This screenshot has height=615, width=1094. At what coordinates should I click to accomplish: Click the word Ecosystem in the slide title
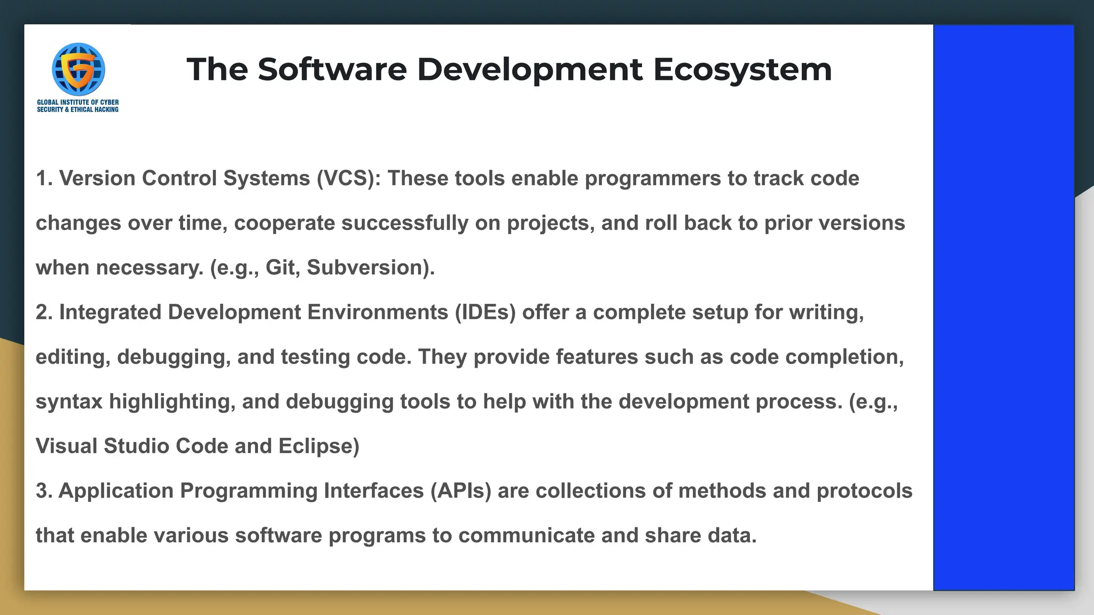point(742,70)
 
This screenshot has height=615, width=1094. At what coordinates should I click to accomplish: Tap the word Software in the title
point(332,69)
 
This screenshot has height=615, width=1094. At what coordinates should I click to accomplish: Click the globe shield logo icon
point(78,69)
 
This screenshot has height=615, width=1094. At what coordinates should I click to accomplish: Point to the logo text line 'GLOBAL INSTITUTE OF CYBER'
point(78,102)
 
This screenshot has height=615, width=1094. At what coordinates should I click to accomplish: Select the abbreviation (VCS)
point(348,178)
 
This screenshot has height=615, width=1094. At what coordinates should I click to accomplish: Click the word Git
point(280,267)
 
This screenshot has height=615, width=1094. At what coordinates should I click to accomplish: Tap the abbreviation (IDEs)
point(485,312)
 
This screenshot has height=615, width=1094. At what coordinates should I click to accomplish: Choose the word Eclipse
point(318,446)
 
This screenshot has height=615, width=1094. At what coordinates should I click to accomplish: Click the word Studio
point(136,446)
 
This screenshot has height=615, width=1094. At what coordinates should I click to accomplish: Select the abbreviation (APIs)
point(460,491)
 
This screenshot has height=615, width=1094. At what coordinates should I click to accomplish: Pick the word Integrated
point(110,312)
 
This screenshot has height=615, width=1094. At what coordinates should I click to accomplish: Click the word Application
point(116,491)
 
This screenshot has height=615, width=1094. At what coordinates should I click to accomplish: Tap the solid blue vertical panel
point(1003,307)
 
